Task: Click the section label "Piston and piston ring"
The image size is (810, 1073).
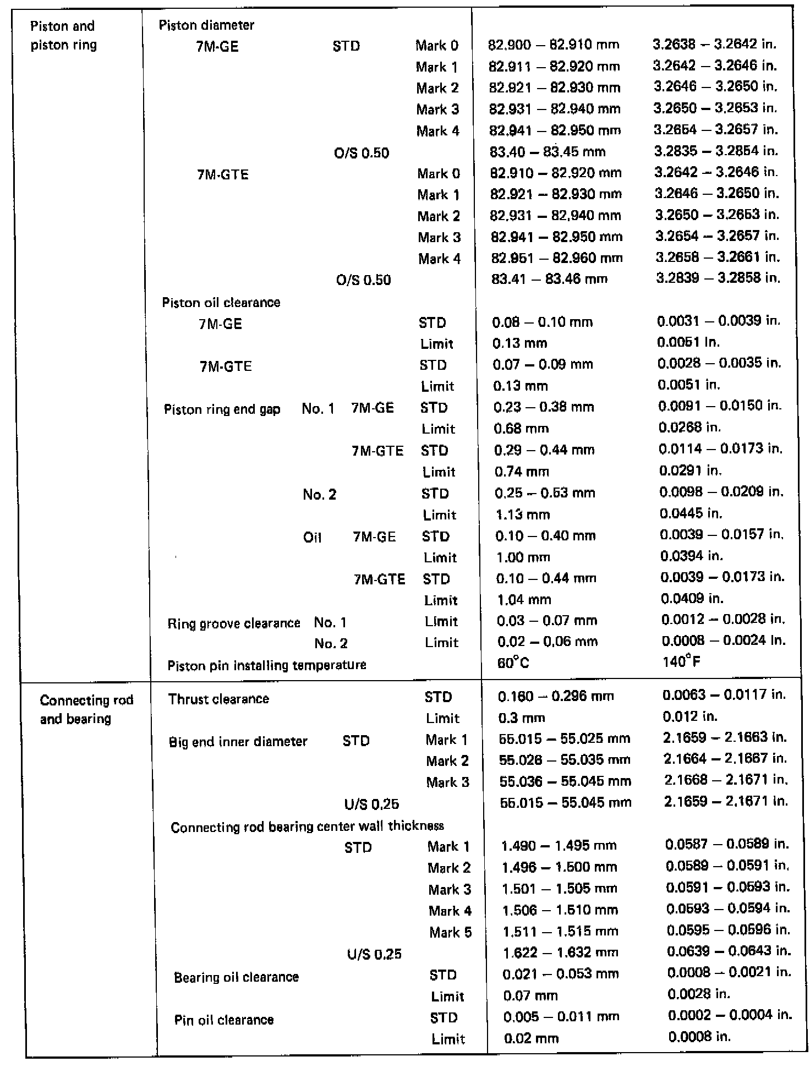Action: pyautogui.click(x=63, y=35)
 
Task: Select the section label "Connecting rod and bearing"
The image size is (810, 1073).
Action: pyautogui.click(x=86, y=709)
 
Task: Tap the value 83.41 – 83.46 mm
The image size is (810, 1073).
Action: pyautogui.click(x=549, y=279)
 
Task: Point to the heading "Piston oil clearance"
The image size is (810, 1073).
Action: pyautogui.click(x=221, y=303)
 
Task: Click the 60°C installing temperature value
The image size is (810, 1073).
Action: pyautogui.click(x=513, y=663)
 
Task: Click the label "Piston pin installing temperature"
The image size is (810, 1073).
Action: pyautogui.click(x=267, y=665)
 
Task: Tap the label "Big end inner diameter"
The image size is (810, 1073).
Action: pyautogui.click(x=238, y=742)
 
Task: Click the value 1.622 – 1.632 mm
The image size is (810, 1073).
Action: pyautogui.click(x=560, y=952)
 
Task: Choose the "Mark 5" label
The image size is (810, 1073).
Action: pyautogui.click(x=450, y=932)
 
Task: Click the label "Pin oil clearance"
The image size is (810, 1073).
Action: pyautogui.click(x=224, y=1020)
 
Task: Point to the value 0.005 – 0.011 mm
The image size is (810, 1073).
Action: pyautogui.click(x=561, y=1017)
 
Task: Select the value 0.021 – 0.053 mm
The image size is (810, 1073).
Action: pyautogui.click(x=561, y=974)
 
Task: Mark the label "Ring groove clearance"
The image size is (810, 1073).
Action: pyautogui.click(x=234, y=623)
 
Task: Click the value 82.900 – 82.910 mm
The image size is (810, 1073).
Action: pyautogui.click(x=554, y=45)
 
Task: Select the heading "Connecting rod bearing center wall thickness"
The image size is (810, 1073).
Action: pyautogui.click(x=307, y=827)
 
